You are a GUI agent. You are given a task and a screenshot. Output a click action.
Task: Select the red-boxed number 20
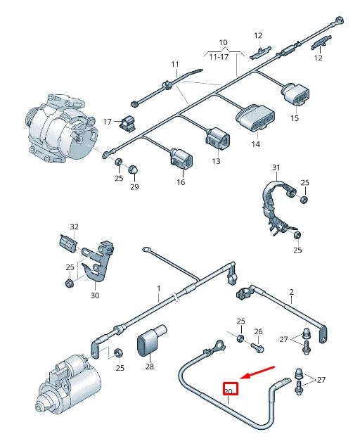(x=230, y=390)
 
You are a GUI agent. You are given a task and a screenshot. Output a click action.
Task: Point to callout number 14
(x=255, y=144)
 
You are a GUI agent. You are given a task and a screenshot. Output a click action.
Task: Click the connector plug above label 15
(x=293, y=96)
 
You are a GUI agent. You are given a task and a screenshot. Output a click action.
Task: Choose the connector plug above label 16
(x=180, y=158)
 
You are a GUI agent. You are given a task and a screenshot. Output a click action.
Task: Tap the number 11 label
(x=175, y=65)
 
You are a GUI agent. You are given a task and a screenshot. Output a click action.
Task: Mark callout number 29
(x=134, y=186)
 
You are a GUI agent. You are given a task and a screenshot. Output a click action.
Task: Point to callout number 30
(x=94, y=295)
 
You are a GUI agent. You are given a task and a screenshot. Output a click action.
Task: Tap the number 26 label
(x=257, y=331)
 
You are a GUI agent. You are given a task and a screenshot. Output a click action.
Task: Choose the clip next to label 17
(x=128, y=124)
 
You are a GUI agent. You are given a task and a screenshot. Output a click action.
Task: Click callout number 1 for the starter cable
(x=159, y=288)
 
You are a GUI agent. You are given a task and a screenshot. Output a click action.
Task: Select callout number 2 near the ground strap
(x=291, y=291)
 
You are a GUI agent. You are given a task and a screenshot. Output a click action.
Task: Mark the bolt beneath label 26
(x=256, y=347)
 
